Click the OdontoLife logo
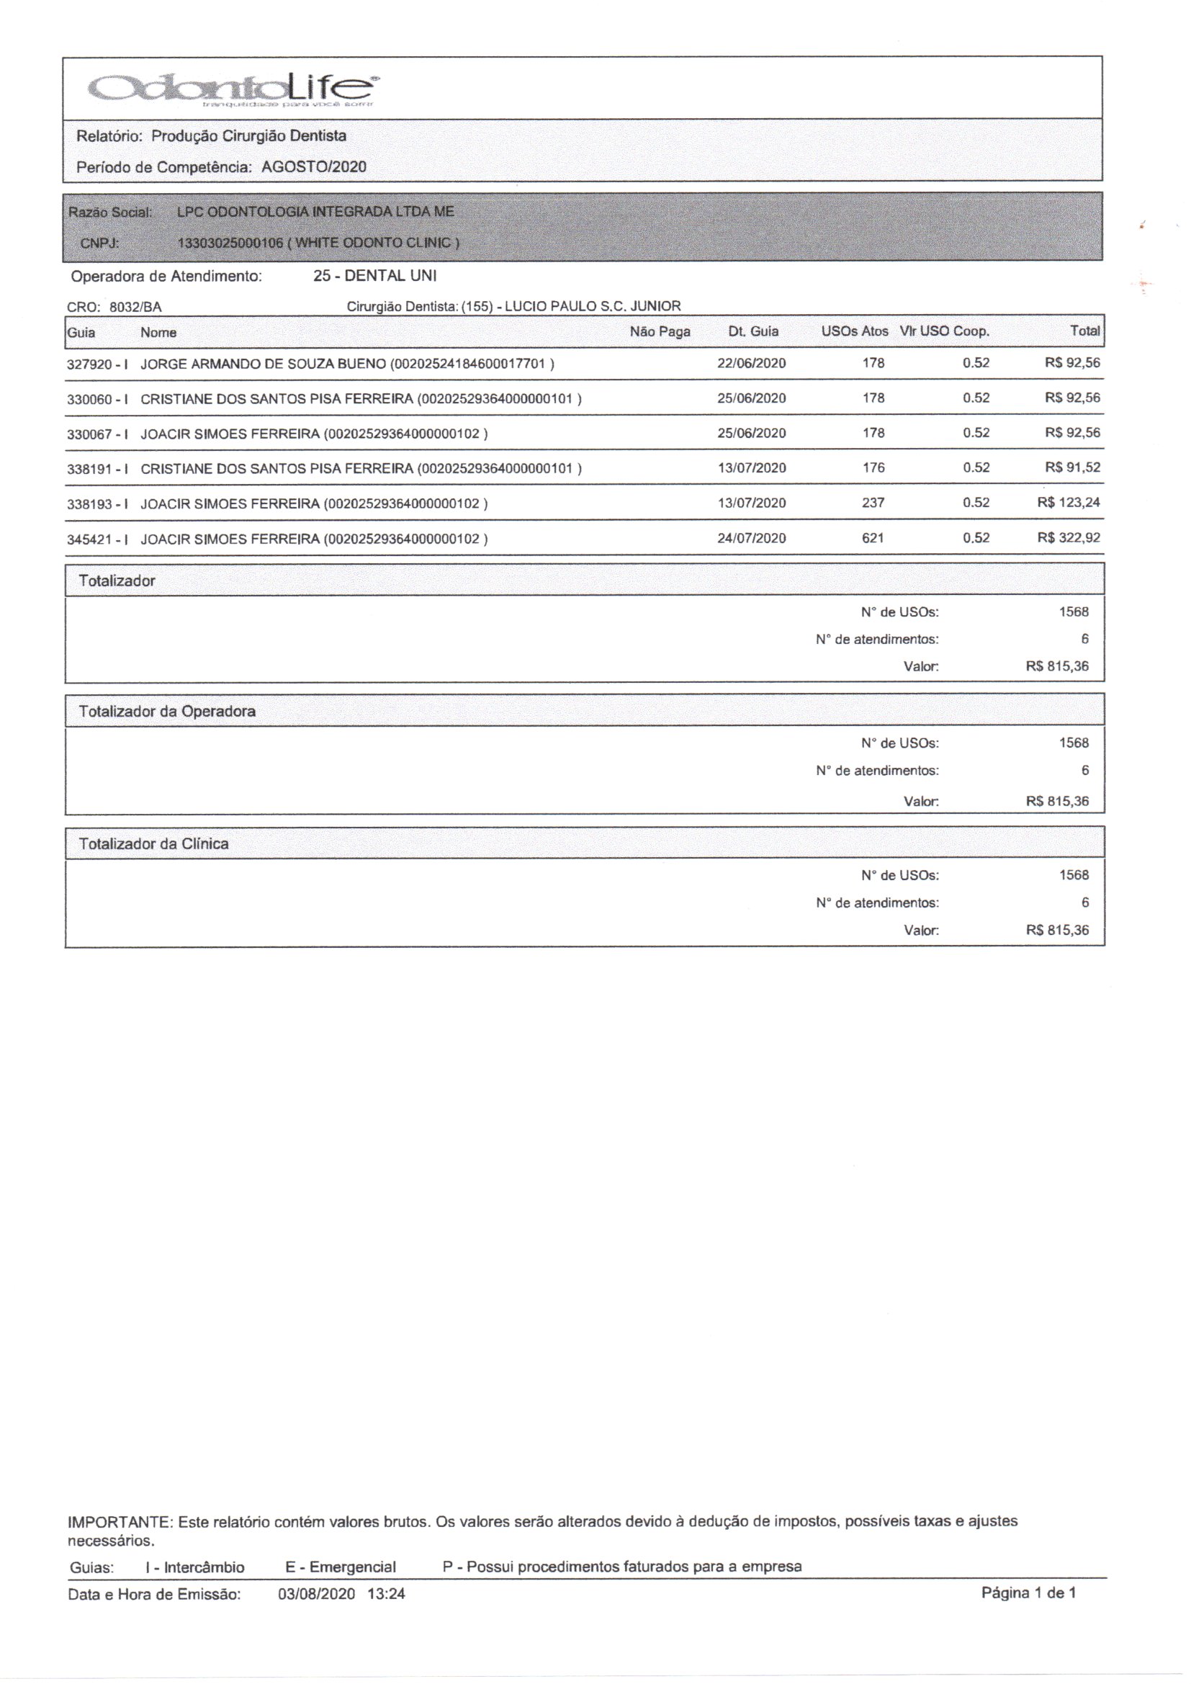click(x=232, y=89)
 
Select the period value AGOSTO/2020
click(x=314, y=167)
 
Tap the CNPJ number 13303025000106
click(x=230, y=243)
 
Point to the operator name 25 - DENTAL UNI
click(x=374, y=277)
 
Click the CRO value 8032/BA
click(x=135, y=308)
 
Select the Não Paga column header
click(x=660, y=332)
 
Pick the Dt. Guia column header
click(x=753, y=332)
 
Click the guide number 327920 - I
click(x=97, y=364)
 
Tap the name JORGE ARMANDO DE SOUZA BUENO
click(x=263, y=364)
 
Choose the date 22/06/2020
click(x=752, y=363)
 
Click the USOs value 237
click(x=873, y=503)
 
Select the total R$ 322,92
click(x=1069, y=538)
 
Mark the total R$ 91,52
click(x=1072, y=468)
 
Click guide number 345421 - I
click(x=97, y=539)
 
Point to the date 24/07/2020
click(x=752, y=538)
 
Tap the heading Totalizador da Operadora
click(x=167, y=712)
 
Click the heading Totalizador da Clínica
click(x=154, y=844)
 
